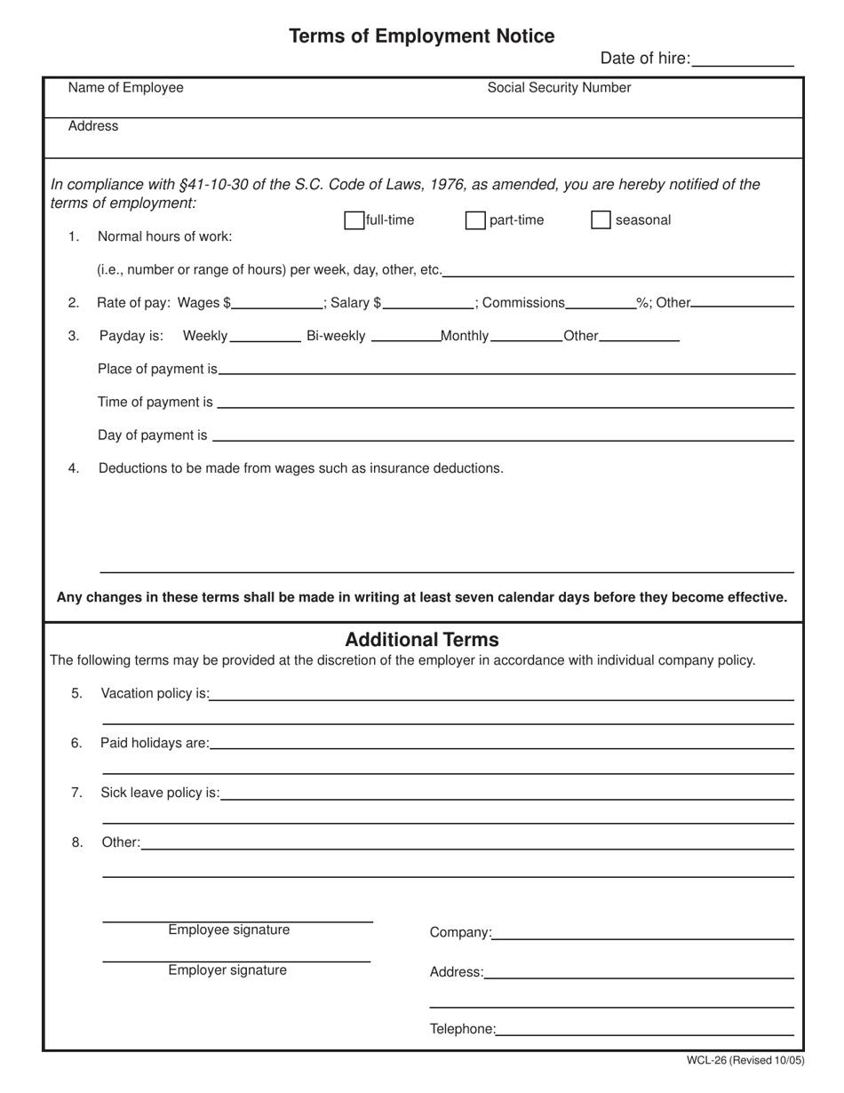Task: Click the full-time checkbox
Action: tap(354, 220)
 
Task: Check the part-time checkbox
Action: tap(475, 220)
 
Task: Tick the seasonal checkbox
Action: tap(601, 220)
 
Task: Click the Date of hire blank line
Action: tap(742, 60)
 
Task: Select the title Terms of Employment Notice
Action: tap(421, 36)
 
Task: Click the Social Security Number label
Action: tap(559, 87)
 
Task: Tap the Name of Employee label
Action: tap(126, 87)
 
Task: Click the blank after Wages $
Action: tap(276, 302)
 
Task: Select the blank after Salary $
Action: tap(428, 302)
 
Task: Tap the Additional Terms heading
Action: tap(421, 640)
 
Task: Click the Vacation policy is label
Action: tap(155, 693)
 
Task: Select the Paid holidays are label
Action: tap(155, 743)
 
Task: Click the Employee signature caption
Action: tap(228, 930)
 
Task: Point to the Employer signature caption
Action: tap(227, 970)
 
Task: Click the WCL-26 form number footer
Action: tap(744, 1060)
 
